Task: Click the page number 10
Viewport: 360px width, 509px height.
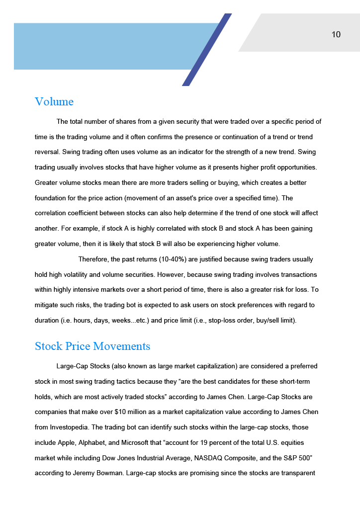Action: click(336, 34)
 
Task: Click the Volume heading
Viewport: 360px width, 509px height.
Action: click(54, 102)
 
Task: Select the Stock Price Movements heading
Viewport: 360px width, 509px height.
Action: click(92, 346)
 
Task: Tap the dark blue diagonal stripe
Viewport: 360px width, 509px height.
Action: click(207, 50)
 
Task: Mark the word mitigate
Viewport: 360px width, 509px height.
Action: click(47, 305)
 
